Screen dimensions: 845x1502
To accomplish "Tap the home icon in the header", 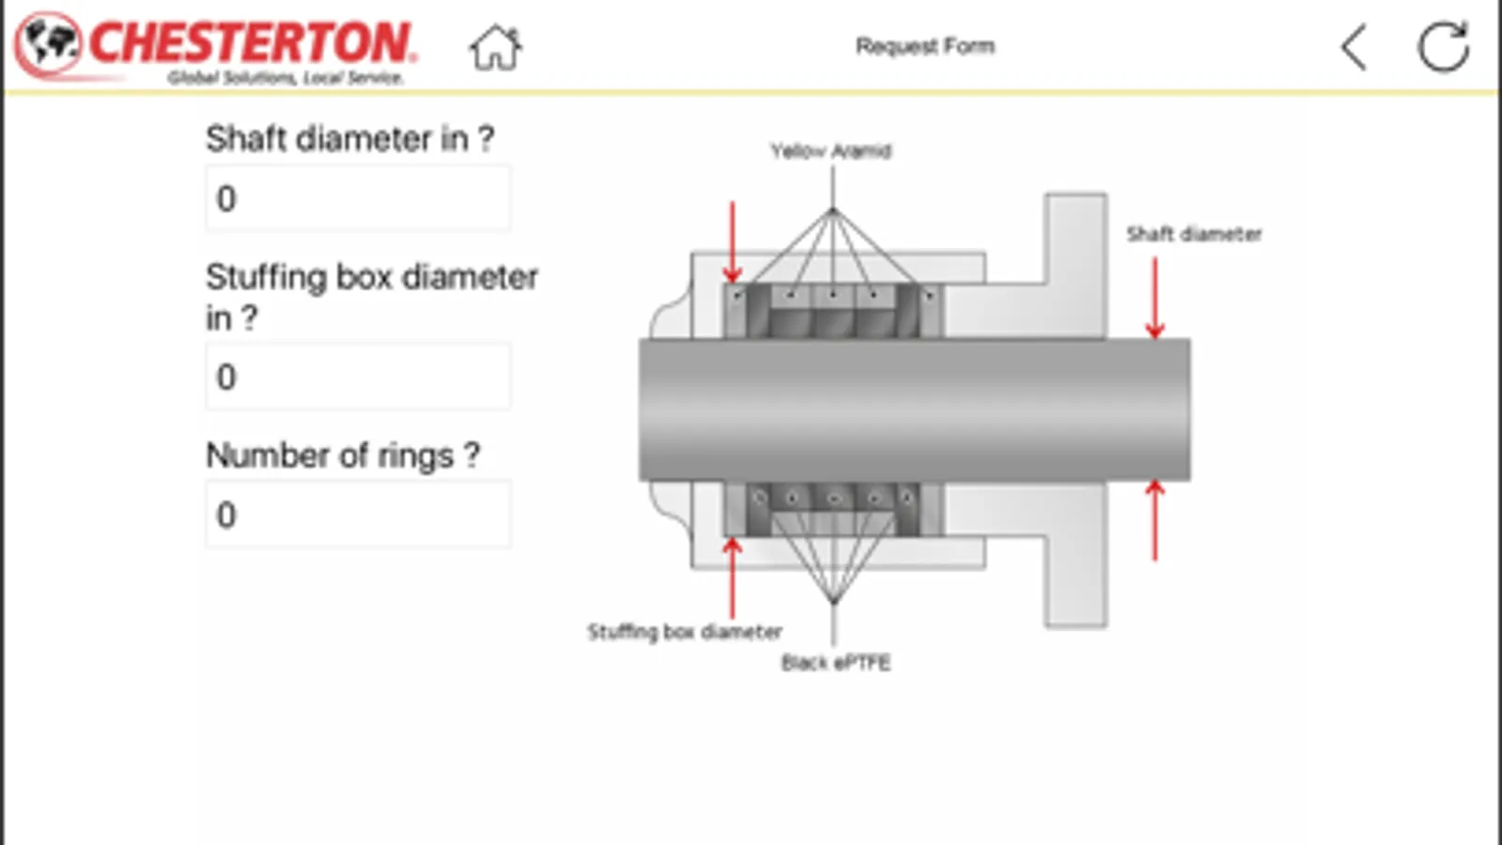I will click(495, 48).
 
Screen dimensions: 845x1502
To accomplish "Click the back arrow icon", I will click(1355, 47).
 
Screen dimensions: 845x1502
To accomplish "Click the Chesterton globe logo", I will click(49, 43).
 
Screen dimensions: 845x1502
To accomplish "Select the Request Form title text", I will click(924, 46).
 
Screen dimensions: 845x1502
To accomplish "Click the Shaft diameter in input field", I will click(358, 199).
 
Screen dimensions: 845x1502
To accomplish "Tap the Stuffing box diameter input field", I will click(358, 376).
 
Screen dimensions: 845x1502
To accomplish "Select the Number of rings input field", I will click(358, 515).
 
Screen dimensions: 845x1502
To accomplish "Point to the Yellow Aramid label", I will click(830, 151).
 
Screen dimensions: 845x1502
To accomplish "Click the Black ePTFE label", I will click(835, 663).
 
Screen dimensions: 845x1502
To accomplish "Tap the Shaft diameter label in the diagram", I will click(1194, 234).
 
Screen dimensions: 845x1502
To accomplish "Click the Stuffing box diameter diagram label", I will click(684, 632).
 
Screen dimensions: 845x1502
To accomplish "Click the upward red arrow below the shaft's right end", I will click(1155, 521).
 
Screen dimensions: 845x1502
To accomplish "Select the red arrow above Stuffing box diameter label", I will click(733, 576).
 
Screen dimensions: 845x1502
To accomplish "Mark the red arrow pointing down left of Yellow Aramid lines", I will click(733, 241).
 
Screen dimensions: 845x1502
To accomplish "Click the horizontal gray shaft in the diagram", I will click(914, 410).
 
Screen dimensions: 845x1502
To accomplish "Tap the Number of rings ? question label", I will click(343, 455).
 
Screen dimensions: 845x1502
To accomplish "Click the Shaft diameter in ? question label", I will click(349, 139).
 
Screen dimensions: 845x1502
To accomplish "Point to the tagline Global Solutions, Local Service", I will click(285, 78).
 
